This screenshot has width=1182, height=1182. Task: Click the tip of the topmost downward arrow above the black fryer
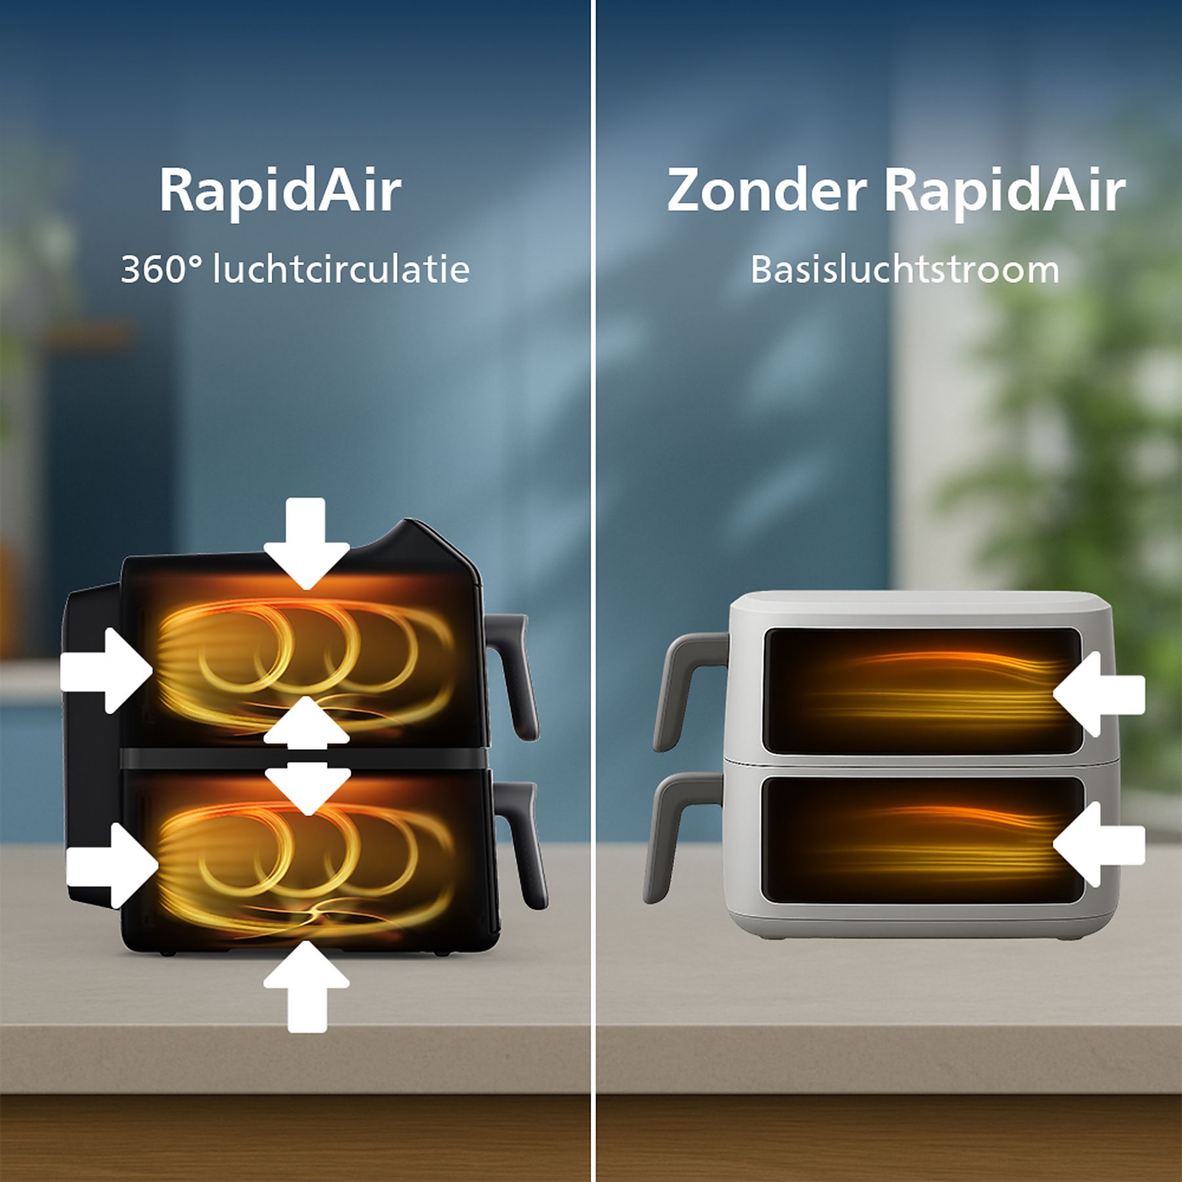pos(307,588)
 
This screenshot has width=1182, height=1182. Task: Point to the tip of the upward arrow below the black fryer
pos(307,940)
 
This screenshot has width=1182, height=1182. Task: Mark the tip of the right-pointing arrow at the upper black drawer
pos(154,670)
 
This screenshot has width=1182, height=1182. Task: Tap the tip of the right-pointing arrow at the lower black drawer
pos(159,865)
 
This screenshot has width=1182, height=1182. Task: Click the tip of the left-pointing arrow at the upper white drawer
pos(1053,693)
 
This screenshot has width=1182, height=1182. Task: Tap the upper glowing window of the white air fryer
pos(921,691)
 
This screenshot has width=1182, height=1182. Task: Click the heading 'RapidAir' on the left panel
pos(280,192)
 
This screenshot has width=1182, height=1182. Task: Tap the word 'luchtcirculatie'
pos(341,269)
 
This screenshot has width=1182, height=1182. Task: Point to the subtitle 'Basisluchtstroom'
pos(905,269)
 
